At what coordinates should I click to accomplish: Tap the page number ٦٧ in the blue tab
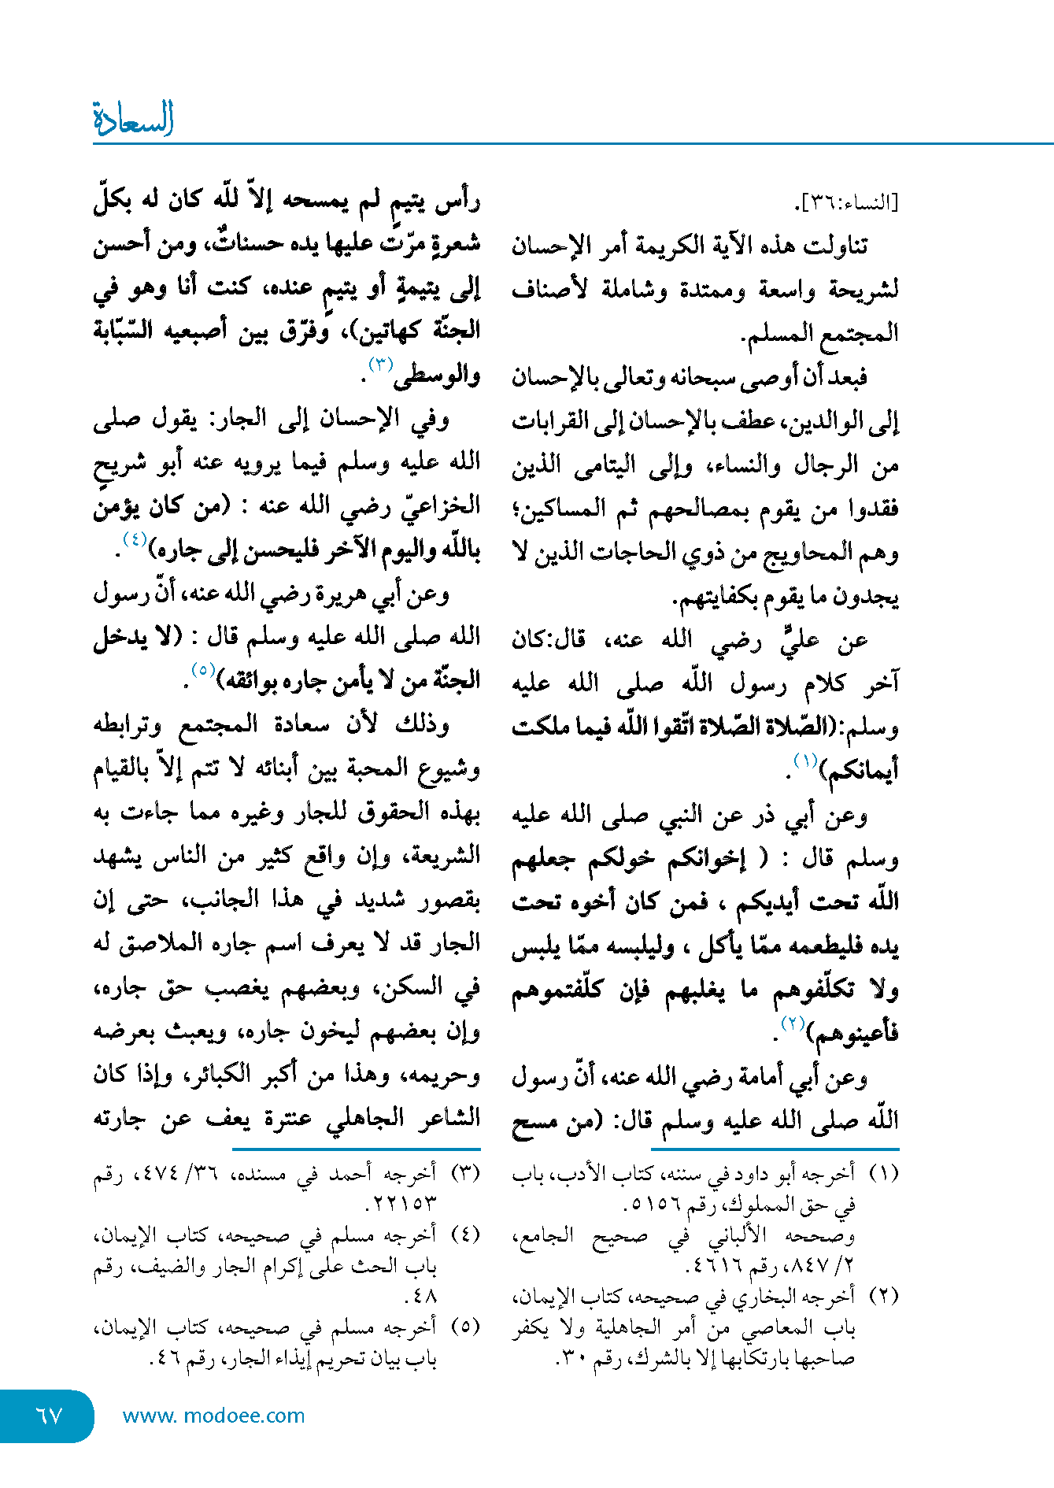(x=49, y=1416)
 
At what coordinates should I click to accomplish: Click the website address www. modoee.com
(x=213, y=1416)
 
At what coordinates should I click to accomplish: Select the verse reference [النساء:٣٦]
(x=846, y=203)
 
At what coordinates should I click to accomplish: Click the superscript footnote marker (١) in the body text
(x=805, y=760)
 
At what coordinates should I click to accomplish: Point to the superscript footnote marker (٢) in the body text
(x=792, y=1023)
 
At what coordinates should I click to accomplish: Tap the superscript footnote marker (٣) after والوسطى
(x=381, y=365)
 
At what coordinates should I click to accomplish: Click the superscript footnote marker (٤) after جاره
(x=135, y=539)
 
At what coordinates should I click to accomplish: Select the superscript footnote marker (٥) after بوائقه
(x=203, y=671)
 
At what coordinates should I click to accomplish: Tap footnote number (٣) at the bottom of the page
(x=464, y=1173)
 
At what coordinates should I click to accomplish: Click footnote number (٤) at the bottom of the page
(x=464, y=1234)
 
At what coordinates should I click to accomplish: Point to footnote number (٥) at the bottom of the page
(x=464, y=1326)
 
